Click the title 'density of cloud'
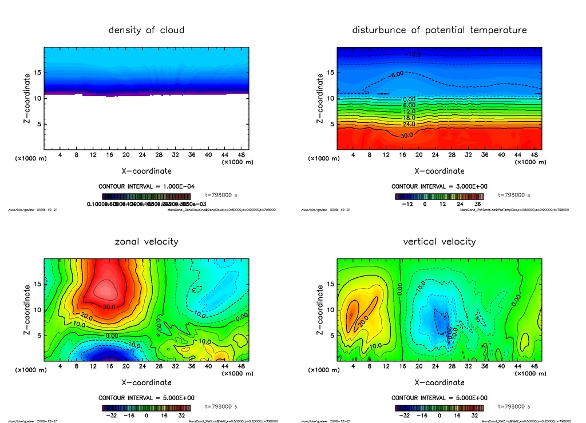pyautogui.click(x=146, y=30)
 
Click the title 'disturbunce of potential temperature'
pyautogui.click(x=439, y=30)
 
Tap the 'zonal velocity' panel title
pyautogui.click(x=146, y=241)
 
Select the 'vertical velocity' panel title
pyautogui.click(x=439, y=241)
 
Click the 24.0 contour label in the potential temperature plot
pyautogui.click(x=409, y=124)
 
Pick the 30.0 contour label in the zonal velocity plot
pyautogui.click(x=109, y=306)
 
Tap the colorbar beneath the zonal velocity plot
pyautogui.click(x=146, y=408)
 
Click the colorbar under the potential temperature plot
pyautogui.click(x=439, y=196)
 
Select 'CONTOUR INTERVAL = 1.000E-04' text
pyautogui.click(x=146, y=186)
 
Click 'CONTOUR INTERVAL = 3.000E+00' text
pyautogui.click(x=439, y=186)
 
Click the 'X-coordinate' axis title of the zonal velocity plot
pyautogui.click(x=146, y=382)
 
